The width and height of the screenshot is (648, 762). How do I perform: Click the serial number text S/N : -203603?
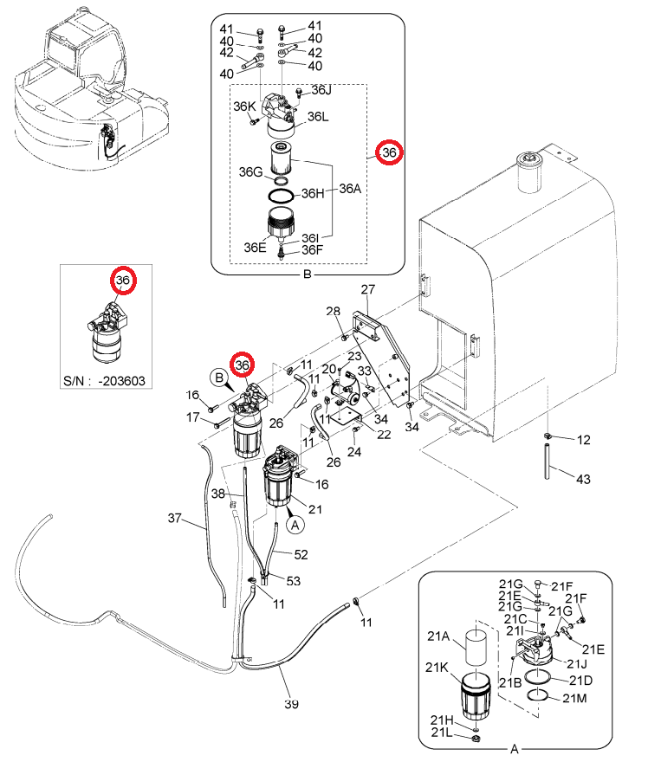pos(105,380)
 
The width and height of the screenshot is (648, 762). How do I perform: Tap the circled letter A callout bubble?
pos(295,525)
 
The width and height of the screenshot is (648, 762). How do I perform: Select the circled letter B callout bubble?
pos(219,378)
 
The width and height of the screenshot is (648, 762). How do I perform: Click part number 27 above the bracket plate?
pos(368,289)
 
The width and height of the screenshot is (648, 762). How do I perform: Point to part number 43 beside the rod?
pos(583,479)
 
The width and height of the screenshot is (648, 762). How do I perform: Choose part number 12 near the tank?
pos(583,440)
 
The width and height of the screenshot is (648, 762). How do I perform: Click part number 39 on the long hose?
pos(291,703)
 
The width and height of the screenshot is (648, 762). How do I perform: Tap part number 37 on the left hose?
pos(175,518)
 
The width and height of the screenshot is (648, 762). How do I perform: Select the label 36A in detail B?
pos(350,189)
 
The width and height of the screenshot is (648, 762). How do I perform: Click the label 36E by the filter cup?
pos(256,247)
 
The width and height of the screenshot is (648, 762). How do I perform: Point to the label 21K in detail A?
pos(437,668)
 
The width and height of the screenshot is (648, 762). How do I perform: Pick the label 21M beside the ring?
pos(574,698)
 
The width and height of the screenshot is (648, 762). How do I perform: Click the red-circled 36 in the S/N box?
pos(123,281)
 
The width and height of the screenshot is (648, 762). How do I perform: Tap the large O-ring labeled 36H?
pos(281,196)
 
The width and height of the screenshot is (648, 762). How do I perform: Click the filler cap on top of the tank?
pos(529,171)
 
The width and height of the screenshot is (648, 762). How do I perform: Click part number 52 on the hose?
pos(301,554)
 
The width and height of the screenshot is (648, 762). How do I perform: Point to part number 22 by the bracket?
pos(384,434)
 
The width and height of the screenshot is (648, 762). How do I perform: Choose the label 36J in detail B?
pos(321,90)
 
